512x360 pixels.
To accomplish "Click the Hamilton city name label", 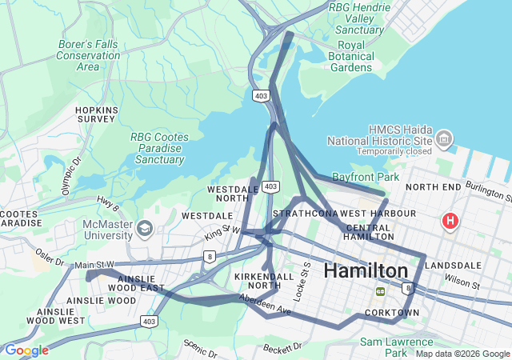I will pos(366,270).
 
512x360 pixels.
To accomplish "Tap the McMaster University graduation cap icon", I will pos(144,229).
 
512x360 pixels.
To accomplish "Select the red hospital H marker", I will pos(450,220).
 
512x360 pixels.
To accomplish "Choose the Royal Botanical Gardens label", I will pos(350,56).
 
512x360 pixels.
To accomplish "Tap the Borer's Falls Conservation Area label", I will pos(88,55).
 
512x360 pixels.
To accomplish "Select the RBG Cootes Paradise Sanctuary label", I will pos(160,148).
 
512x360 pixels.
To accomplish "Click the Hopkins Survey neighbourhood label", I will pos(97,114).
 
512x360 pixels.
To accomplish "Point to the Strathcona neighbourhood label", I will pos(305,214).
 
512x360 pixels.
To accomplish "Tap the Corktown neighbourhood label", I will pos(392,313).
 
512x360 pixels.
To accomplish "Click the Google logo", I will pos(26,350).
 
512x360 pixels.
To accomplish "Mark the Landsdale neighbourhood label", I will pos(454,265).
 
